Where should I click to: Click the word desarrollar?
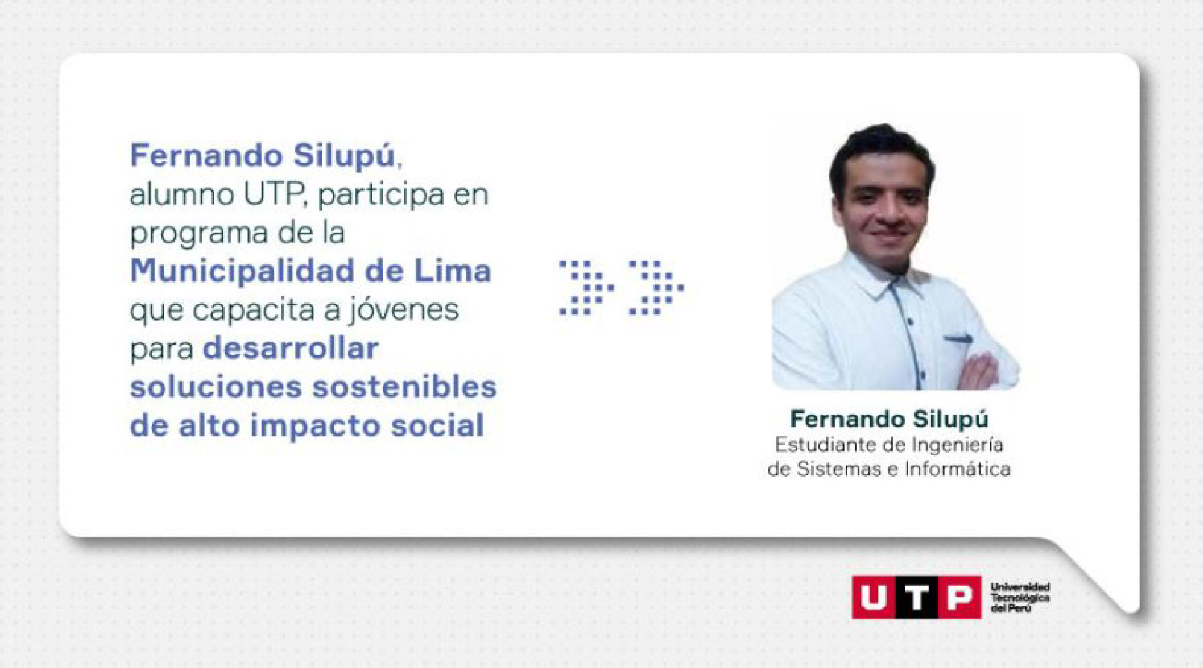(x=290, y=348)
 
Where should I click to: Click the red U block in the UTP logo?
(x=873, y=597)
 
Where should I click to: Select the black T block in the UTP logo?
(x=916, y=597)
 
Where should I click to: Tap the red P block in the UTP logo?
(x=959, y=597)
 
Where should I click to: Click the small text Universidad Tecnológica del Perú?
(x=1020, y=597)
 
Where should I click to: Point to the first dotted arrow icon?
(x=587, y=287)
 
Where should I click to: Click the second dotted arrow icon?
(x=657, y=287)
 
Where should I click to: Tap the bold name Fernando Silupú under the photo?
(x=889, y=419)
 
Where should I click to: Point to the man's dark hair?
(x=881, y=151)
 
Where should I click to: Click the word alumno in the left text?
(x=182, y=195)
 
